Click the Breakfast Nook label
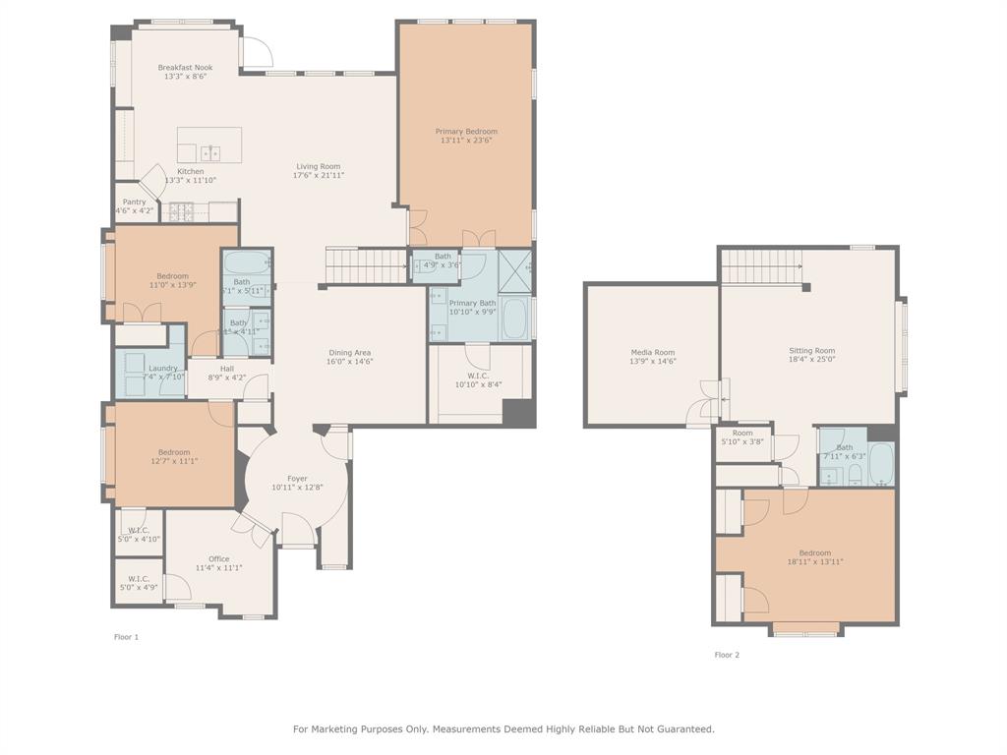(x=185, y=68)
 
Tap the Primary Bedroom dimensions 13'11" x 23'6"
(x=466, y=141)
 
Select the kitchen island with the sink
(x=209, y=145)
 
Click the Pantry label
(x=134, y=202)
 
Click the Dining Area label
(x=349, y=352)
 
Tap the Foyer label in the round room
(x=297, y=479)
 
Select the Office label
(x=218, y=558)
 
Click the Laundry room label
(x=163, y=368)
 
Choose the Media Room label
(x=653, y=352)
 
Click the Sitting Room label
(x=811, y=350)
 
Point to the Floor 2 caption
(x=727, y=655)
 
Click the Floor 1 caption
(x=126, y=637)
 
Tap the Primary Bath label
(x=472, y=303)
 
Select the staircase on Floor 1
(x=366, y=265)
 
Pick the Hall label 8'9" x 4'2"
(x=227, y=368)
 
